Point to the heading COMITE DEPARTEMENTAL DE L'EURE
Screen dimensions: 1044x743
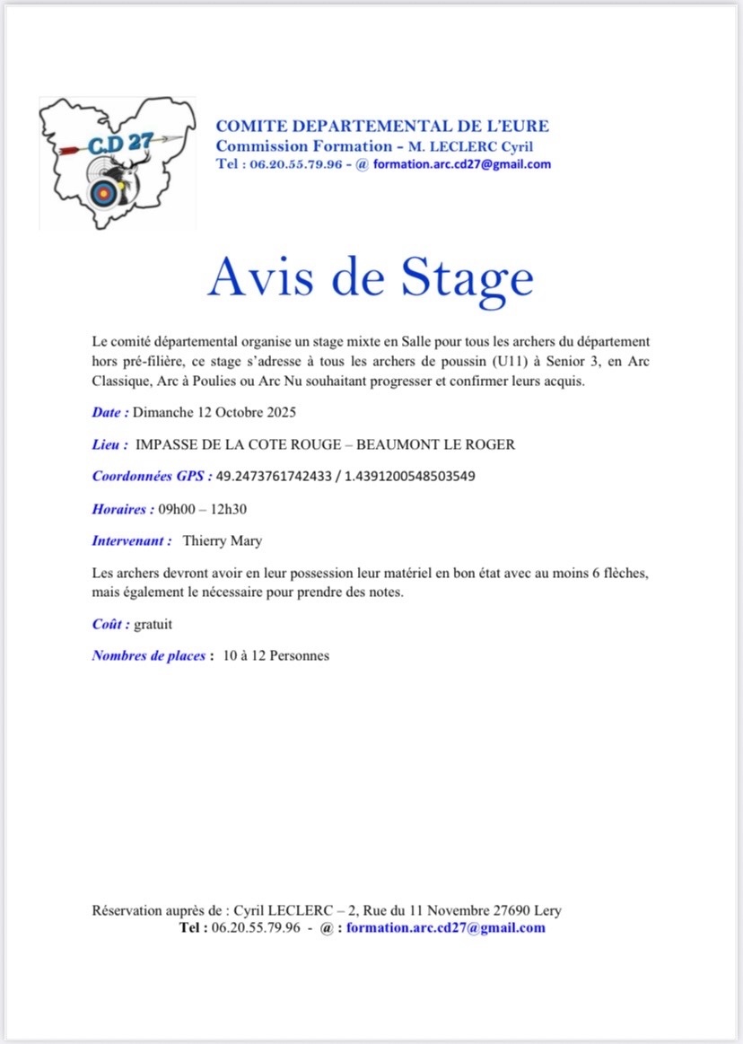pyautogui.click(x=382, y=127)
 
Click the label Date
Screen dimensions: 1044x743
pyautogui.click(x=109, y=413)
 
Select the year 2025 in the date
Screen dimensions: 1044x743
pyautogui.click(x=279, y=413)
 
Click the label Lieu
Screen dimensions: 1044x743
pyautogui.click(x=109, y=444)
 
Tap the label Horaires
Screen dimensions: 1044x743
pyautogui.click(x=121, y=509)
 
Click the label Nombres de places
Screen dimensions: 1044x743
pyautogui.click(x=149, y=655)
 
